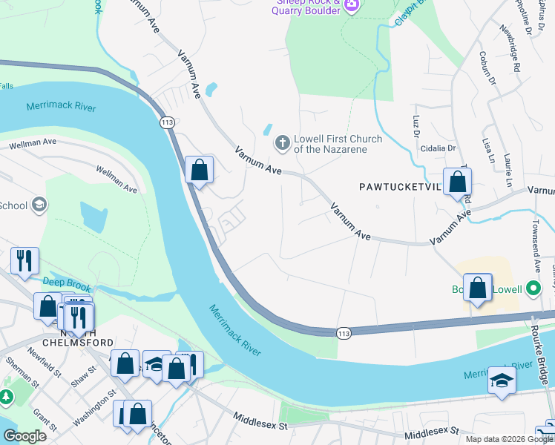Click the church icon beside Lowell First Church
click(282, 142)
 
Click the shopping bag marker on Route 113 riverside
click(199, 170)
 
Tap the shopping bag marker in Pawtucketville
click(458, 182)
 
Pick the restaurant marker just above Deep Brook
click(24, 261)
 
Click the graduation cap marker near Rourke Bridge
click(502, 381)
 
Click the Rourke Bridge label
click(543, 349)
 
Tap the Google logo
click(26, 435)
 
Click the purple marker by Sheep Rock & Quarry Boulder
click(352, 6)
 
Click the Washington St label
click(93, 408)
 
